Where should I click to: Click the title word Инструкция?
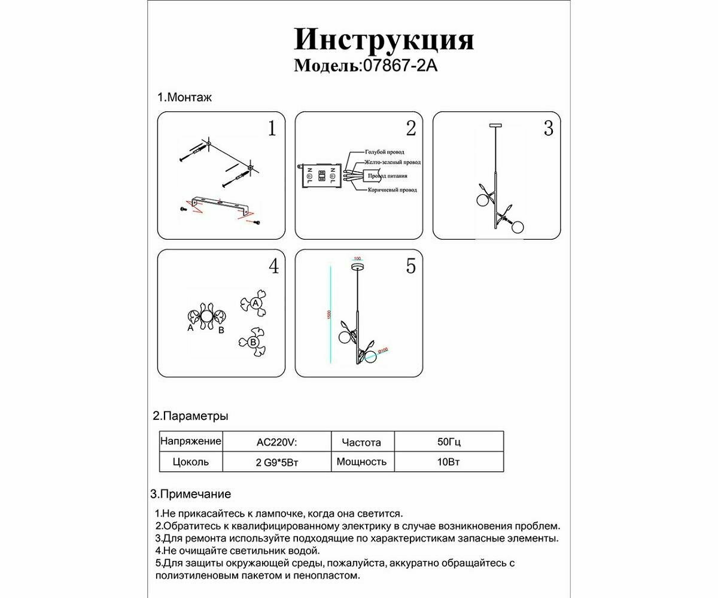click(x=384, y=40)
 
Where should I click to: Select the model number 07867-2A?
click(x=398, y=66)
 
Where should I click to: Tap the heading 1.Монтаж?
click(x=184, y=97)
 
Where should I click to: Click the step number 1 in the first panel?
click(x=272, y=129)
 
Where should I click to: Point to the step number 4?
click(x=273, y=266)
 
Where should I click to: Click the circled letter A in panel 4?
click(x=255, y=304)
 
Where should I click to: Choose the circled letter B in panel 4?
click(x=252, y=342)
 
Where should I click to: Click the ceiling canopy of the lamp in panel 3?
click(x=497, y=126)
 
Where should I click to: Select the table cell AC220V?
click(x=276, y=443)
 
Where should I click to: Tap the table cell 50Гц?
click(x=449, y=443)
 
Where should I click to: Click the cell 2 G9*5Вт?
click(x=276, y=462)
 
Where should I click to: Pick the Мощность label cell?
click(x=361, y=462)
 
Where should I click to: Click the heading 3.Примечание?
click(x=190, y=494)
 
